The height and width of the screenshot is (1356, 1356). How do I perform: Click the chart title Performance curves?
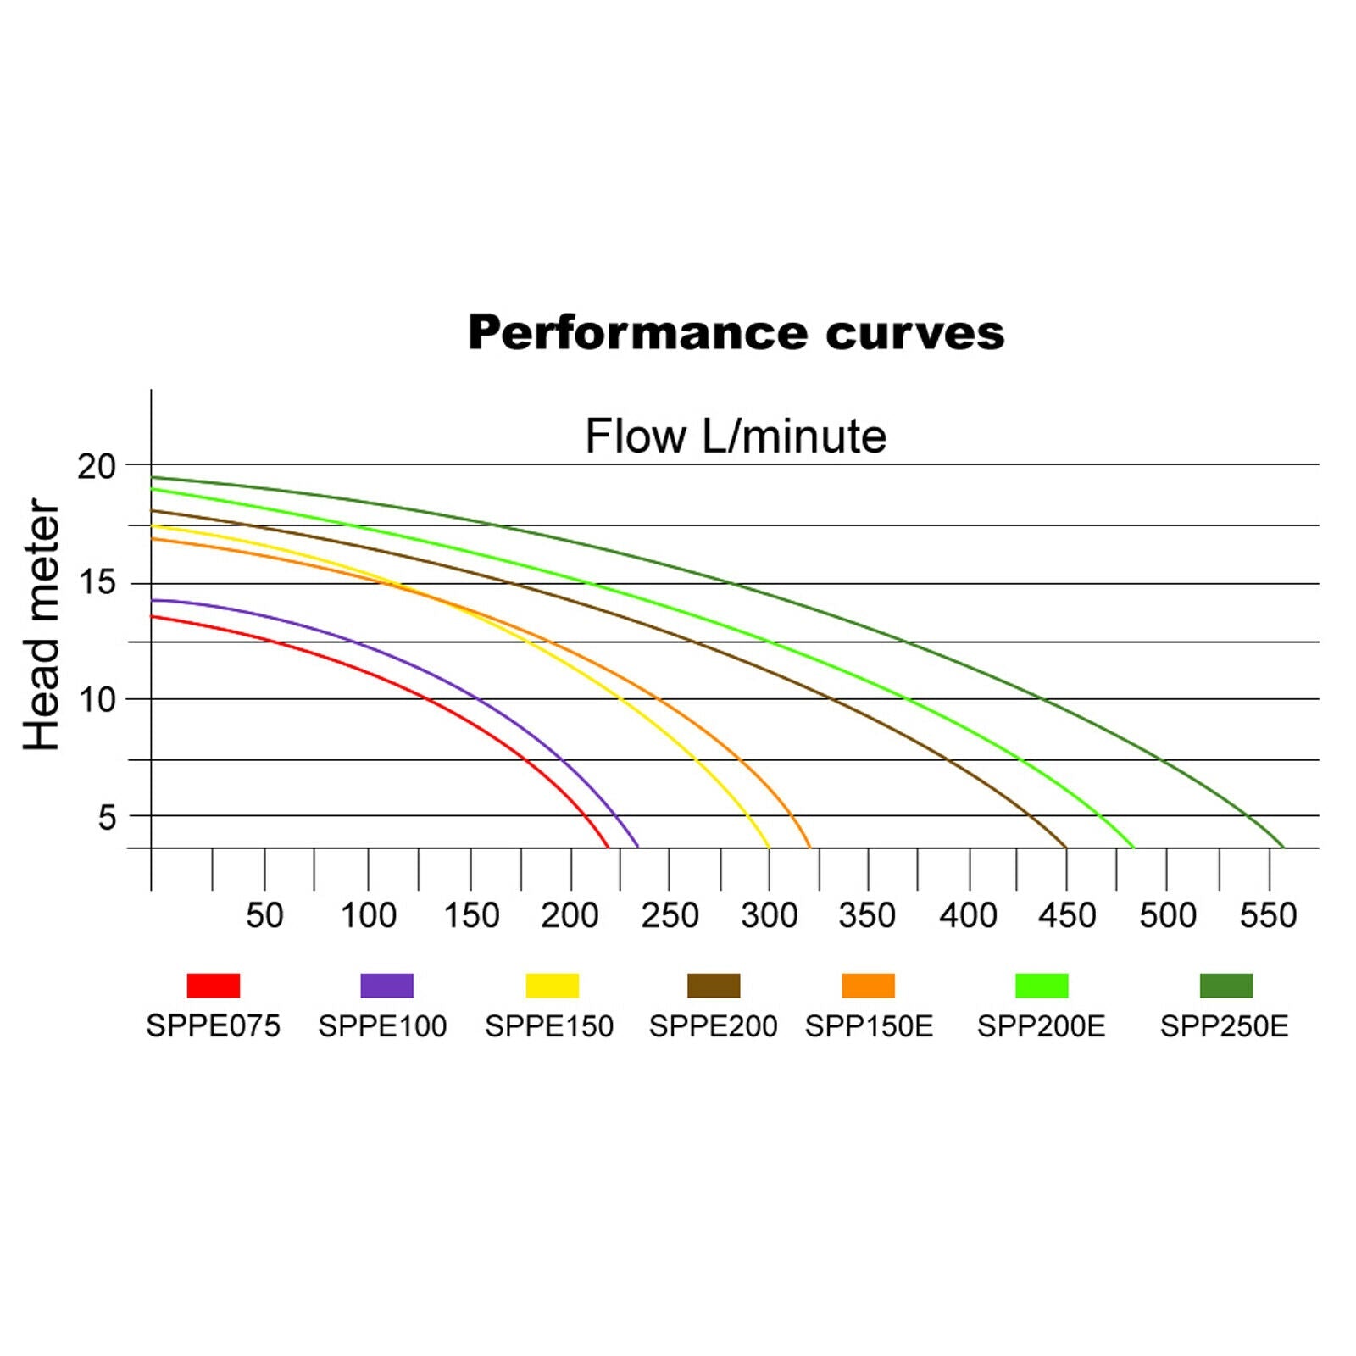(x=736, y=332)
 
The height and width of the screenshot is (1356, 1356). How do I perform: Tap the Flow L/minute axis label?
(x=736, y=436)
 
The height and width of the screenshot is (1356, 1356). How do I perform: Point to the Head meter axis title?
(x=42, y=625)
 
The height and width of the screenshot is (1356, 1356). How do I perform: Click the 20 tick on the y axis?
(x=96, y=466)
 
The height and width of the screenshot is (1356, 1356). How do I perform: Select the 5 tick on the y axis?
(x=107, y=818)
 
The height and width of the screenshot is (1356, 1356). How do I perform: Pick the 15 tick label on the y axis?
(x=96, y=583)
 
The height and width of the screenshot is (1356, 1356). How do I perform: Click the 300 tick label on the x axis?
(x=769, y=915)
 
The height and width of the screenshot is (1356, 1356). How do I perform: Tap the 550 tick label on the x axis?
(x=1268, y=915)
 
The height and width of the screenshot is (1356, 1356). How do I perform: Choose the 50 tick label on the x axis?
(x=264, y=915)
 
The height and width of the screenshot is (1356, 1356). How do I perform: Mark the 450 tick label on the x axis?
(x=1067, y=915)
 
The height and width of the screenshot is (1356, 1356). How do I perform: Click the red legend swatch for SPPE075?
(x=214, y=986)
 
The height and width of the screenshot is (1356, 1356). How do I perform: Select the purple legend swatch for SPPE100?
(x=387, y=986)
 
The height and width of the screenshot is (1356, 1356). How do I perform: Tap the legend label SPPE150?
(x=549, y=1026)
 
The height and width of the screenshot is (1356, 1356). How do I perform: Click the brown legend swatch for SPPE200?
(x=714, y=986)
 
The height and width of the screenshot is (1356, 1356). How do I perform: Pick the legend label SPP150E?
(x=869, y=1026)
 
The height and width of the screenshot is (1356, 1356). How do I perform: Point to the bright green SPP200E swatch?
(x=1042, y=986)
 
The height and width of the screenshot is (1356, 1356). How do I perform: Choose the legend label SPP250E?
(x=1224, y=1026)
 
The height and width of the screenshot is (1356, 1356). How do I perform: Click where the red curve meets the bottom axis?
(x=608, y=847)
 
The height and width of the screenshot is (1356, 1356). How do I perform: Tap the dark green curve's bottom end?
(x=1283, y=847)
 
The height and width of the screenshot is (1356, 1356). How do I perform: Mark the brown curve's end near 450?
(x=1065, y=847)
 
